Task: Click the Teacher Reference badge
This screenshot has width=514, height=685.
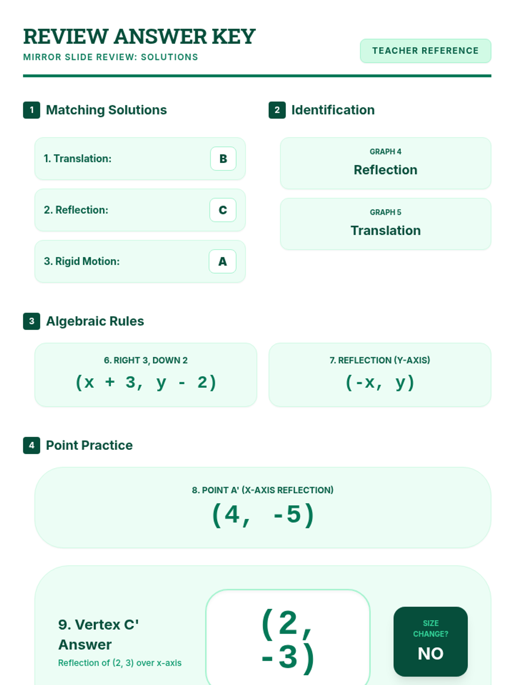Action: coord(425,51)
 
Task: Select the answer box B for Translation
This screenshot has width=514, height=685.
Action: coord(223,159)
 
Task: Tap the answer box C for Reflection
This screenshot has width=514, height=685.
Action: coord(223,210)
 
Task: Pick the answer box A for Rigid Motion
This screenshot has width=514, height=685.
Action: coord(222,262)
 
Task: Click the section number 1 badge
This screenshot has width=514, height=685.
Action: coord(32,110)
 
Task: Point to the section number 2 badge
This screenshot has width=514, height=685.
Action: coord(277,110)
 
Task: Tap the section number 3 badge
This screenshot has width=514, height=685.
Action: coord(32,322)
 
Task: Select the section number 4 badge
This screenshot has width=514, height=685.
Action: coord(32,446)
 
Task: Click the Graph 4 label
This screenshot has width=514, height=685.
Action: coord(385,152)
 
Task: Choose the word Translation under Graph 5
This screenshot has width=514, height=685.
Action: coord(385,231)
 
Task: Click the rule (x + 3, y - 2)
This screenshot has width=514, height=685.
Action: coord(146,382)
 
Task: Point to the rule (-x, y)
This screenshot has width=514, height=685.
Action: coord(380,382)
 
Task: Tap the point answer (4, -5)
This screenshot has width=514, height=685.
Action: coord(263,514)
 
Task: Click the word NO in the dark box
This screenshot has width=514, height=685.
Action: coord(430,654)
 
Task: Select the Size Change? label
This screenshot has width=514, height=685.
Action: coord(430,628)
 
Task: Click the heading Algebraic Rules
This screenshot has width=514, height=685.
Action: coord(95,322)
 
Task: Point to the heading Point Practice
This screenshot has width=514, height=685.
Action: coord(90,446)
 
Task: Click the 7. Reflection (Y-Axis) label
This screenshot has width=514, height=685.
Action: coord(380,360)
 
